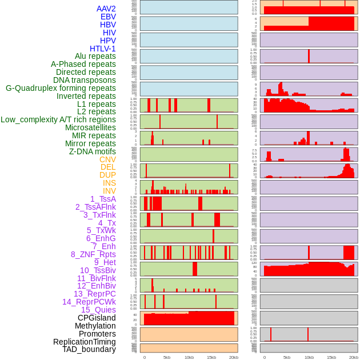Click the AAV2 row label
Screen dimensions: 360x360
[x=106, y=9]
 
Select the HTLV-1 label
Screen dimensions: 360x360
[x=102, y=49]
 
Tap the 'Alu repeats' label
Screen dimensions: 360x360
[x=95, y=56]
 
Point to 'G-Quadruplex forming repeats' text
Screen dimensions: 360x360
[x=61, y=88]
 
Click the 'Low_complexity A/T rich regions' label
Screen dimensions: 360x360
[x=58, y=119]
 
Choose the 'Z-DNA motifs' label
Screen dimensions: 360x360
[x=92, y=151]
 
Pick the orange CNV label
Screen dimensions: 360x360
[x=107, y=159]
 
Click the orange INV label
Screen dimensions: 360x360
[x=109, y=191]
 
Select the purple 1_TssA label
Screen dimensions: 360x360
[x=103, y=199]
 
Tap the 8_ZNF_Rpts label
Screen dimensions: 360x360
[x=93, y=254]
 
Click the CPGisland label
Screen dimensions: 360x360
[x=97, y=318]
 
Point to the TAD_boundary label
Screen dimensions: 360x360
[x=89, y=349]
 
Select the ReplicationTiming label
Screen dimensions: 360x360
[x=84, y=342]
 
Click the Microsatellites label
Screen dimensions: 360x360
[x=90, y=127]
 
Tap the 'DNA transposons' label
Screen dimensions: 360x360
[x=85, y=80]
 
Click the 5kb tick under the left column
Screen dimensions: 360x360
[x=167, y=357]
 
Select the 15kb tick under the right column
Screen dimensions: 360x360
[x=331, y=357]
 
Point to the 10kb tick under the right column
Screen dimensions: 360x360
[x=309, y=357]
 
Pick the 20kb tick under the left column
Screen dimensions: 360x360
[x=233, y=357]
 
